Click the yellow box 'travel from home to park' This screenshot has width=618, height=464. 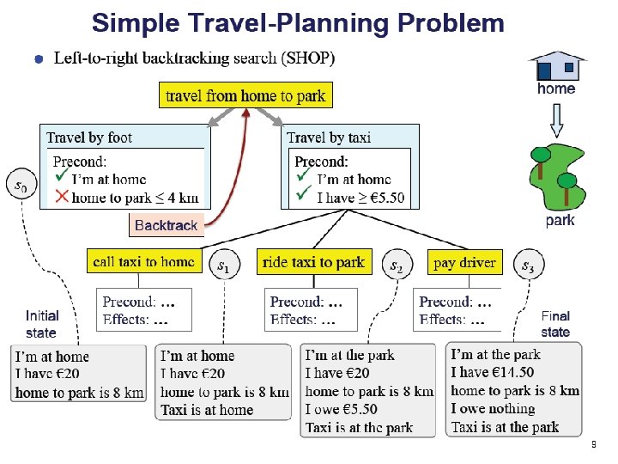[245, 95]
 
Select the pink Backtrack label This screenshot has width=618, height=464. [166, 225]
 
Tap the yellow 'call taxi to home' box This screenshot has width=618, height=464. [142, 262]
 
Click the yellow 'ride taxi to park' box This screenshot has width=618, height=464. [313, 262]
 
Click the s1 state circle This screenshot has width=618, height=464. [223, 266]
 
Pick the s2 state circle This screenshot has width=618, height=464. [396, 266]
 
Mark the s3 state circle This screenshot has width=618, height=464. [528, 266]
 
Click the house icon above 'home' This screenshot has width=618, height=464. [556, 65]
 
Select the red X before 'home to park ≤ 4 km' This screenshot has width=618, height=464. [61, 198]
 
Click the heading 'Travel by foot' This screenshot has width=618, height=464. [89, 137]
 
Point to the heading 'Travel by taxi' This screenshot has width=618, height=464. [329, 137]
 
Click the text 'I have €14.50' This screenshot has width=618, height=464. [492, 372]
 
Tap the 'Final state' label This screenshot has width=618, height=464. [555, 324]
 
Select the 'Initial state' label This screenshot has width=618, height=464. [42, 324]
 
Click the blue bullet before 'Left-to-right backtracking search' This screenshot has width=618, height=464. [38, 59]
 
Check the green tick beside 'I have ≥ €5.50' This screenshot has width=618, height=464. [303, 197]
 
